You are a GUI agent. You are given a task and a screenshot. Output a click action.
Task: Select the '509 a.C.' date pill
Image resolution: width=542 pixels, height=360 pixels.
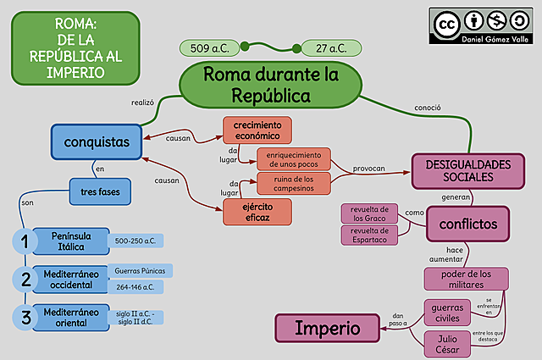(x=212, y=48)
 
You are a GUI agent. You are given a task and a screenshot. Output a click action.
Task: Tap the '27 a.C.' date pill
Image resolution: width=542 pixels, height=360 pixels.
(x=331, y=48)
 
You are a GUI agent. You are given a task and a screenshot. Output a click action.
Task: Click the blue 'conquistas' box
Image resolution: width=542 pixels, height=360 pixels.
(x=96, y=141)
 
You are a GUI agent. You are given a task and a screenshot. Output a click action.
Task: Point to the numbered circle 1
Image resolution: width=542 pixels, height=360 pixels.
(x=26, y=241)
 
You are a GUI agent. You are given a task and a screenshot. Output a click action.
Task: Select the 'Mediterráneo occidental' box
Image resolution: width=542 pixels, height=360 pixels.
(x=69, y=279)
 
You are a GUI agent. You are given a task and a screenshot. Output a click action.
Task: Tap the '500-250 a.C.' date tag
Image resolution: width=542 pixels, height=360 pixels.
(x=139, y=241)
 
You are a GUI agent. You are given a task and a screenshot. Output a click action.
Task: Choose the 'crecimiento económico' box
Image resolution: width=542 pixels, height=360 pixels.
(x=257, y=129)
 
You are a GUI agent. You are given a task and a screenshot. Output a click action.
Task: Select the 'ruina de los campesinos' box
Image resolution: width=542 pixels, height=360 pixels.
(x=293, y=183)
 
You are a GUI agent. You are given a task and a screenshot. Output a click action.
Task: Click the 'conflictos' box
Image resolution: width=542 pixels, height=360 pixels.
(x=473, y=224)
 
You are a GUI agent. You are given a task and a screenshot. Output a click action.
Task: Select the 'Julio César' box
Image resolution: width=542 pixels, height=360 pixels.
(x=447, y=343)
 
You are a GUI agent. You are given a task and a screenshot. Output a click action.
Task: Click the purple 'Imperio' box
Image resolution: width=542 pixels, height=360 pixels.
(x=327, y=327)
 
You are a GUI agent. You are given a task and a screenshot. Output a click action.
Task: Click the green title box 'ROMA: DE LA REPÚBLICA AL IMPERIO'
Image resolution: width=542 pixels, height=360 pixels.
(x=75, y=47)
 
